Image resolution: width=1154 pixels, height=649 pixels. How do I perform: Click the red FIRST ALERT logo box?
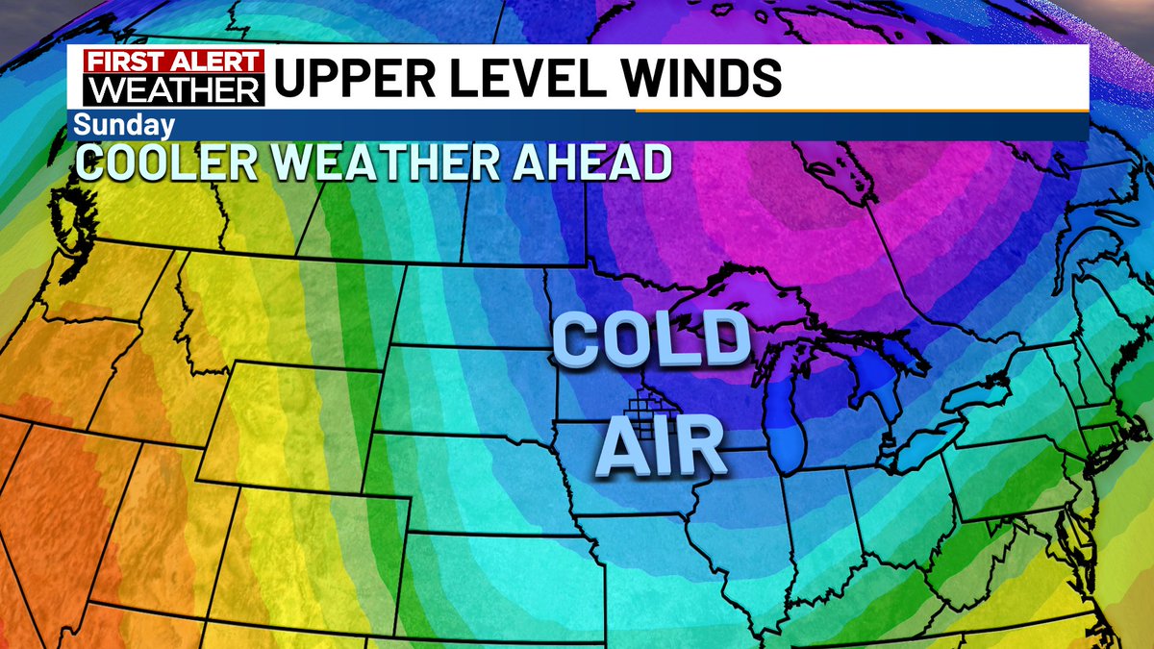point(173,61)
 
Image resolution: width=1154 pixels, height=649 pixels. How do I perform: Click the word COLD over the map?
point(651,339)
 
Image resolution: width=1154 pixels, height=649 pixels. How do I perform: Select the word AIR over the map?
point(661,445)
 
